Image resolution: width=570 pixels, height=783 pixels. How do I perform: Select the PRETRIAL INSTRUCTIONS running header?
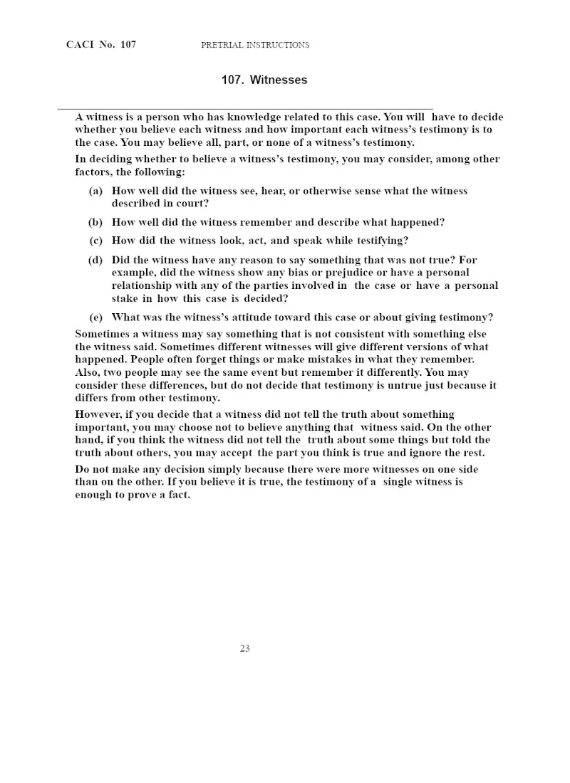click(x=255, y=45)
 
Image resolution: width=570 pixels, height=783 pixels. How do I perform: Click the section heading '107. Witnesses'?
click(x=264, y=80)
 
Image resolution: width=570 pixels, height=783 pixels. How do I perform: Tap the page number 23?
click(x=244, y=648)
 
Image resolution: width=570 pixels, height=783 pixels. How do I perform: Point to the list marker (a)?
click(x=95, y=191)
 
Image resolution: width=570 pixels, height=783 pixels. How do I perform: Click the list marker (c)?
click(x=96, y=241)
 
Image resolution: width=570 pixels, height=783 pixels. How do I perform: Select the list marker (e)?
click(x=95, y=317)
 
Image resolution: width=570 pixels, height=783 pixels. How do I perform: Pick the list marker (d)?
click(x=95, y=260)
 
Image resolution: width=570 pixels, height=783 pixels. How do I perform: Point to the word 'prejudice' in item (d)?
click(x=329, y=273)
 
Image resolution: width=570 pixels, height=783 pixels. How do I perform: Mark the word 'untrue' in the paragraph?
click(x=405, y=385)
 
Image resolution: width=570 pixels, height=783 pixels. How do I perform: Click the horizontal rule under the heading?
click(x=245, y=107)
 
